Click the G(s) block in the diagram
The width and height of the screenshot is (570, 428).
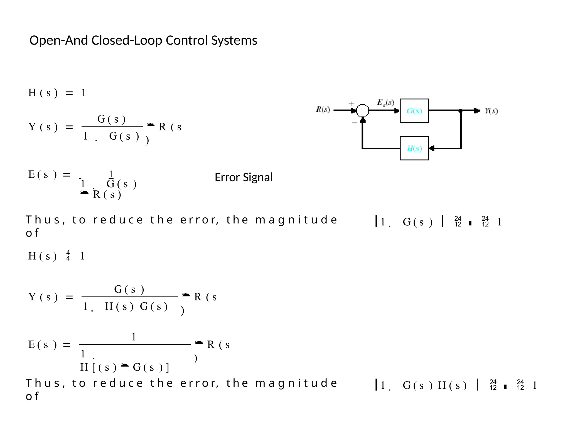coord(414,111)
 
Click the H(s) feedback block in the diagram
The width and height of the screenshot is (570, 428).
coord(414,148)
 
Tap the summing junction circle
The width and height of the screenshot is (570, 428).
coord(362,110)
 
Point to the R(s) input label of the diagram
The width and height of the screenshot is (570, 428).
coord(323,109)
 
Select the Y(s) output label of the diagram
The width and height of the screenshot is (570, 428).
coord(491,111)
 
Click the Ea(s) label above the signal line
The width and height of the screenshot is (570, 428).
coord(385,103)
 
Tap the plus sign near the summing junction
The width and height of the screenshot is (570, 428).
coord(351,104)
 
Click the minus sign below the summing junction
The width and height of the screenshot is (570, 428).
coord(355,122)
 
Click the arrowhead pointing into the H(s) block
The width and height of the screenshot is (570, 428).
coord(432,148)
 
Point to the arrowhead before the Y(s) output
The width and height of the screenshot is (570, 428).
coord(477,111)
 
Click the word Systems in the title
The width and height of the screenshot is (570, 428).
coord(234,40)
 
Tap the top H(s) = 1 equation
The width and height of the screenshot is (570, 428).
coord(57,93)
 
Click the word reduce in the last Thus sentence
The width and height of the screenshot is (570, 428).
coord(118,383)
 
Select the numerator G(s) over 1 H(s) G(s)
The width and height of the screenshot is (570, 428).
coord(129,290)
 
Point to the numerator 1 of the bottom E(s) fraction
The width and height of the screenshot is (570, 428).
coord(134,337)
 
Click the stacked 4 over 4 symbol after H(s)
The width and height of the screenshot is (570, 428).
coord(68,256)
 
